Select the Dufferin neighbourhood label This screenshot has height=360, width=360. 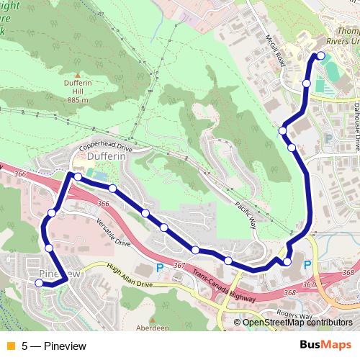107,156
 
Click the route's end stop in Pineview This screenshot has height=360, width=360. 39,283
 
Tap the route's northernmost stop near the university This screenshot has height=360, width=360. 320,56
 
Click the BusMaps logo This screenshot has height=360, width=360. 325,345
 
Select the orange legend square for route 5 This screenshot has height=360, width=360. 10,346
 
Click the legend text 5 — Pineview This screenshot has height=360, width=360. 54,346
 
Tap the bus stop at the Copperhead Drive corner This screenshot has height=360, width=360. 77,176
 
